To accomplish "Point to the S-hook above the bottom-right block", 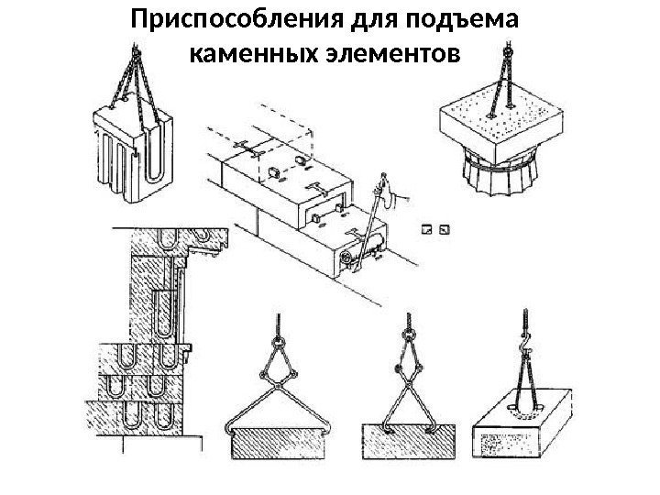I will pos(528,346).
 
